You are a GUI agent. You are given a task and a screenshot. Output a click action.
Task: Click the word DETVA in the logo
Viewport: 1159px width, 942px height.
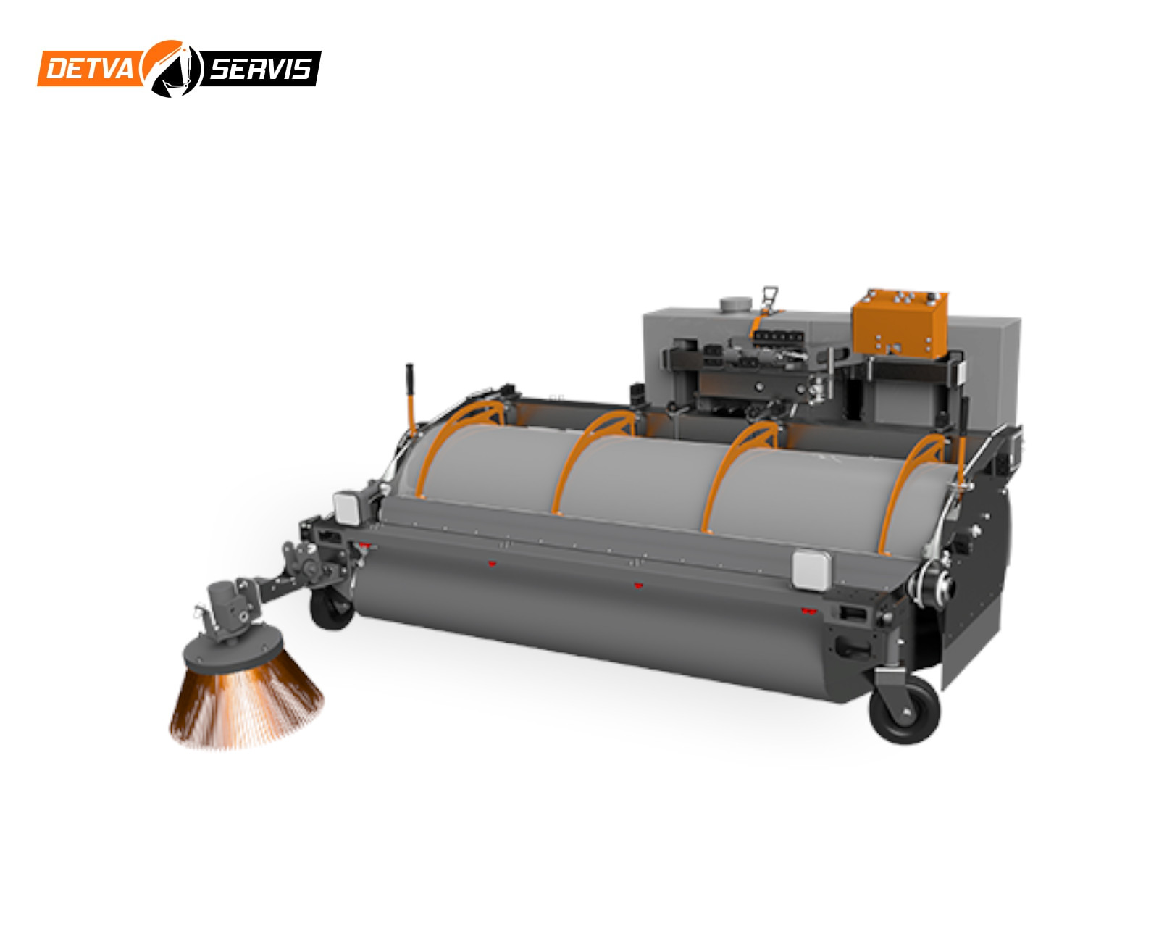tap(89, 69)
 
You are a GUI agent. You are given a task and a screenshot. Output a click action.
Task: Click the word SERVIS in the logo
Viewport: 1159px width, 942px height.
tap(260, 69)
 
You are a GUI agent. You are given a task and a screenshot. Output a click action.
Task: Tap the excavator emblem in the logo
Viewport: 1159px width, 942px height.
tap(172, 69)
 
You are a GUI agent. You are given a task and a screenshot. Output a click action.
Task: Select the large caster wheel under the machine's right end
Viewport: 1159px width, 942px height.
tap(904, 709)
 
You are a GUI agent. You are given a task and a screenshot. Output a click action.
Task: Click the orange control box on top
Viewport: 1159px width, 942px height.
tap(899, 323)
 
